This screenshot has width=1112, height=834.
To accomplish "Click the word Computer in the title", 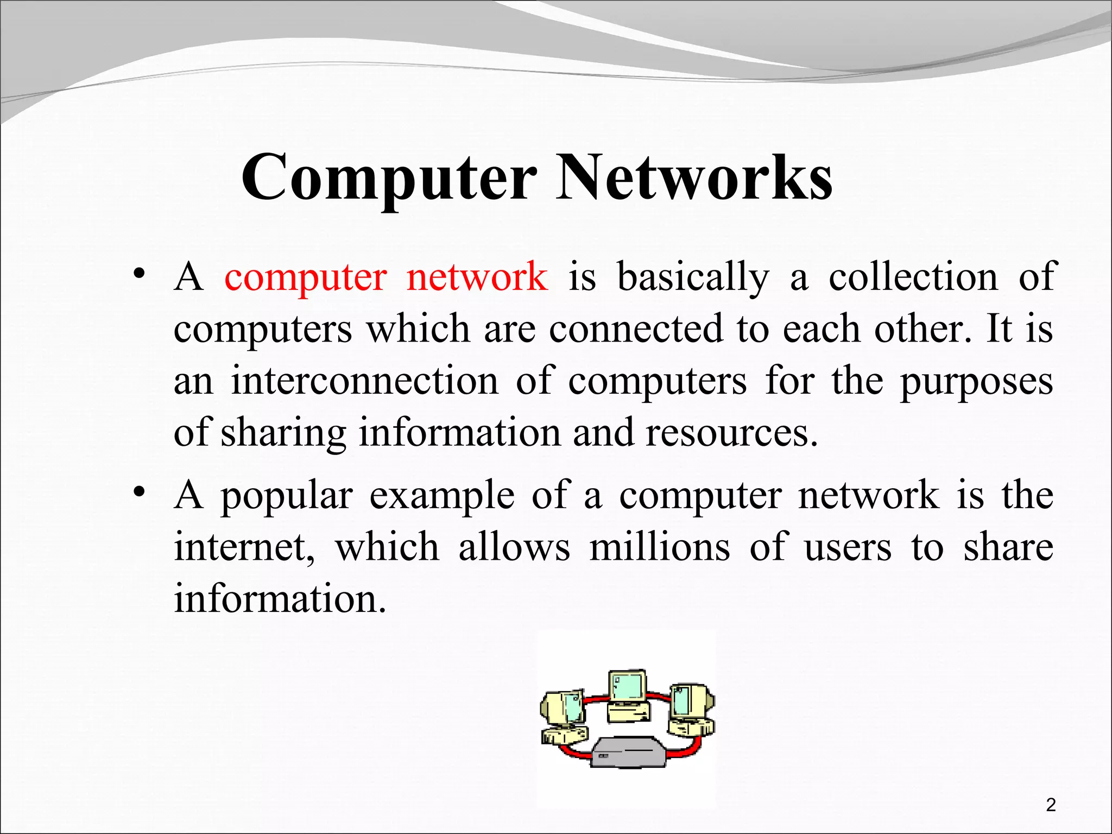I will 389,178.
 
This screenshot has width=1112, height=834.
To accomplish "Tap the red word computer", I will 306,277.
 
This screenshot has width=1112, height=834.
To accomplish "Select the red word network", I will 477,277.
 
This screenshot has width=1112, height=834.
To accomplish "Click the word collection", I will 913,277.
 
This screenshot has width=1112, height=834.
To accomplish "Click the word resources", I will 731,433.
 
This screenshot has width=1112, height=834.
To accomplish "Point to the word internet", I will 244,547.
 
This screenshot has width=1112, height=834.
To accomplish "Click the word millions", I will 660,547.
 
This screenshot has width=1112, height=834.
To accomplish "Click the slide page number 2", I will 1051,805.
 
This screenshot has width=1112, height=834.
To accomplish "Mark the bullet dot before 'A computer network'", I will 140,273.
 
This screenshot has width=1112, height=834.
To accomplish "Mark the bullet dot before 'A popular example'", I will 140,492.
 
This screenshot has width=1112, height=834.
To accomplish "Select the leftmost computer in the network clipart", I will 563,717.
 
